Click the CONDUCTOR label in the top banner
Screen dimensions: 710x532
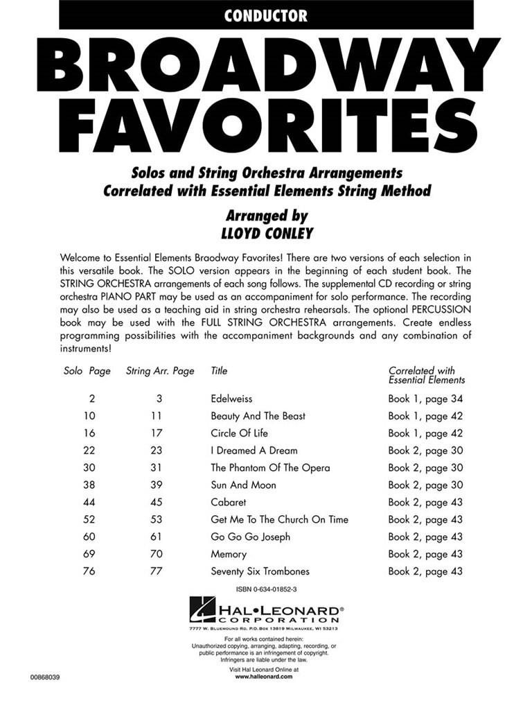[x=266, y=15]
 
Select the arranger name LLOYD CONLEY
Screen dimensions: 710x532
[x=266, y=234]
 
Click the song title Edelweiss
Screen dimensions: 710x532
[x=231, y=399]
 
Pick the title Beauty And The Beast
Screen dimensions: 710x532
[x=258, y=416]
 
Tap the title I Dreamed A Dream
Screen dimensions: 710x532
[x=254, y=451]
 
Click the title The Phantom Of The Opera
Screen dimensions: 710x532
[x=270, y=468]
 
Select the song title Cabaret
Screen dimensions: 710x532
[x=228, y=502]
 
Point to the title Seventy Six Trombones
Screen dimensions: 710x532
[x=260, y=571]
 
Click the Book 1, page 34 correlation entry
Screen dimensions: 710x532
[x=425, y=399]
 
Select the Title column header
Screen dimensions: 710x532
[x=219, y=371]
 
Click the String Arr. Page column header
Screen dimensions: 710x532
[x=160, y=371]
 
